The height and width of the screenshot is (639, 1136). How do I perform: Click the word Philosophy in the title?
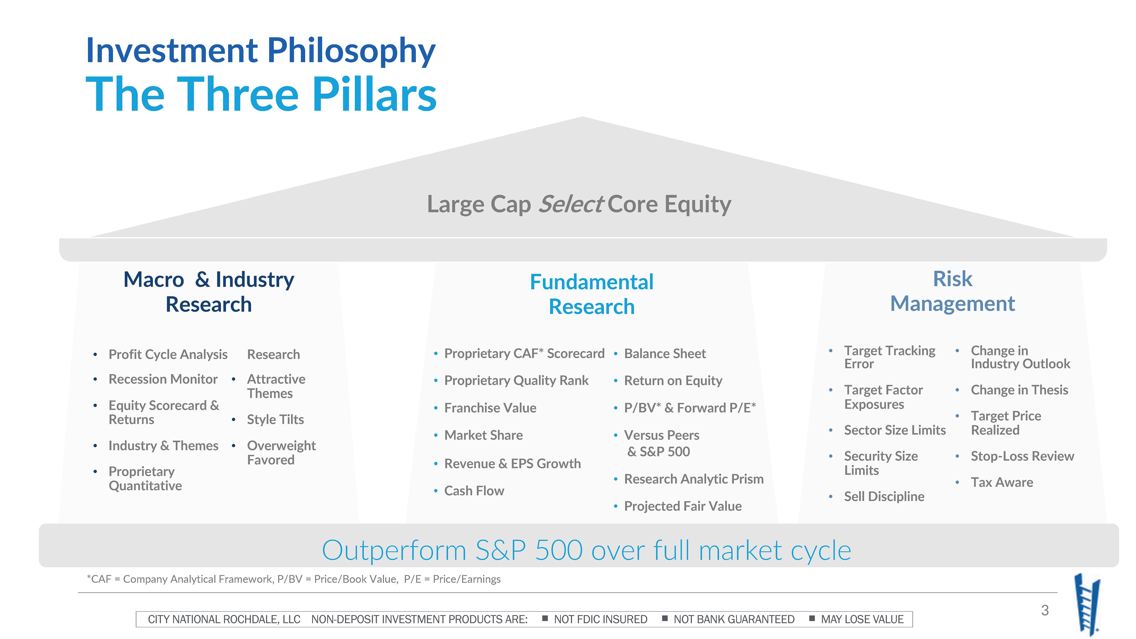pos(351,51)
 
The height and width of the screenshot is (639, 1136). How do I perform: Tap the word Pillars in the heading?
pos(375,94)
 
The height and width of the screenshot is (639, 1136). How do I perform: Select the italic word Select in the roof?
pos(571,204)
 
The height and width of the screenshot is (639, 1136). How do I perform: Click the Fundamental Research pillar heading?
pos(591,294)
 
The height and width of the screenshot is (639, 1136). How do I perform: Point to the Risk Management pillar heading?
pos(953,291)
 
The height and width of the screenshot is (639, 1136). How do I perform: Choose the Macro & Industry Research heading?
pos(209,292)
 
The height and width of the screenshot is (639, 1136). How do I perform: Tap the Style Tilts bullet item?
pos(275,419)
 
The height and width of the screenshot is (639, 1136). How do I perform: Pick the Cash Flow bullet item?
pos(474,491)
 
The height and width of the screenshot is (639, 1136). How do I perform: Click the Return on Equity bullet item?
pos(673,380)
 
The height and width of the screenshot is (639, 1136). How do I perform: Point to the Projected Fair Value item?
pos(683,506)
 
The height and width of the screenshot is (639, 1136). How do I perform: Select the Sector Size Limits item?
pos(895,430)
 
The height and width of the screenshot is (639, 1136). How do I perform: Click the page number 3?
pos(1045,610)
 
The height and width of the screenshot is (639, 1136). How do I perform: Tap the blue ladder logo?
pos(1087,604)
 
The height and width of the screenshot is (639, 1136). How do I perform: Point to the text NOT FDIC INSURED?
pos(601,619)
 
